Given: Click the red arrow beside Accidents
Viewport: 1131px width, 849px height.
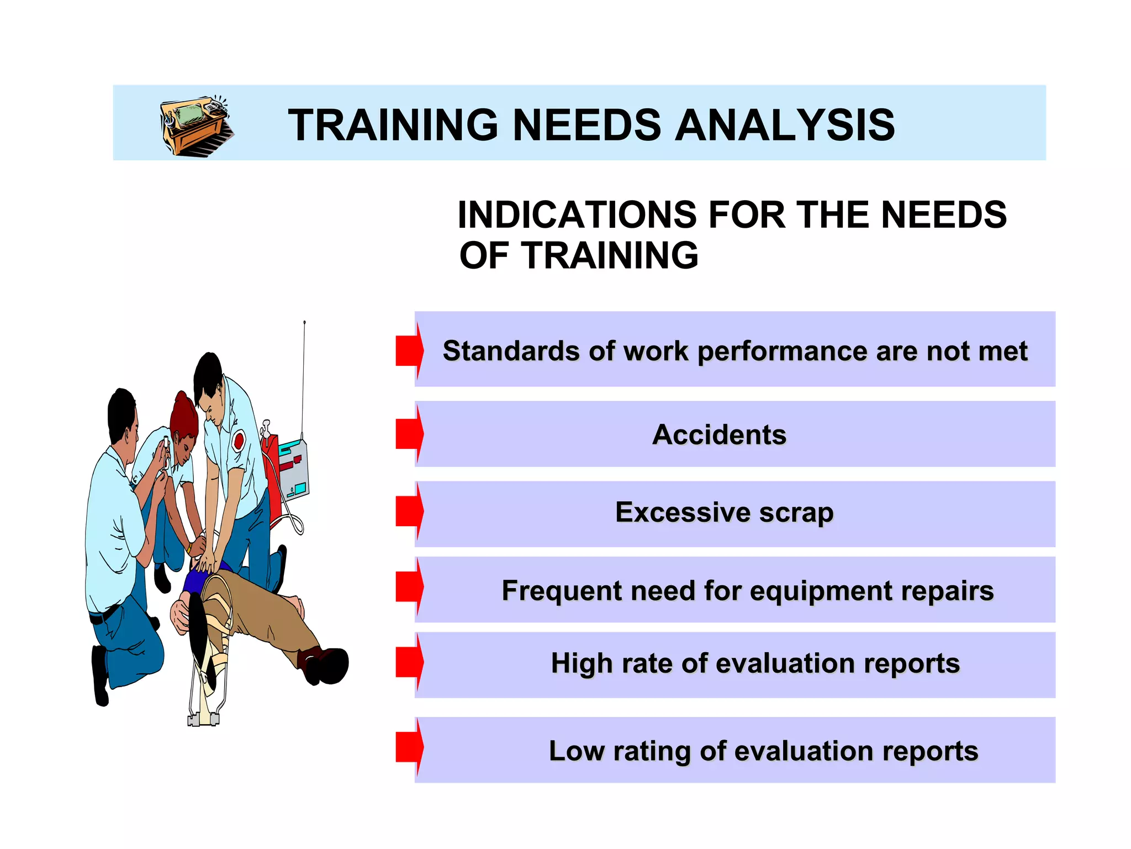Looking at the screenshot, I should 409,434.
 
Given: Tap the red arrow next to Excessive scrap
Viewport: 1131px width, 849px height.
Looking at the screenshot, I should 409,511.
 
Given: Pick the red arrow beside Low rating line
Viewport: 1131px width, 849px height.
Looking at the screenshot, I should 409,747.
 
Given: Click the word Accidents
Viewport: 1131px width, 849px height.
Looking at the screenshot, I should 719,434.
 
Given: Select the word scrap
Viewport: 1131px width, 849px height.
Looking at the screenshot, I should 796,513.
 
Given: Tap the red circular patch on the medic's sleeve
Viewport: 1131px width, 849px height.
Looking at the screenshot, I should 239,441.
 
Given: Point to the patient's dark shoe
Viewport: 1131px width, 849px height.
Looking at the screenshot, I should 327,665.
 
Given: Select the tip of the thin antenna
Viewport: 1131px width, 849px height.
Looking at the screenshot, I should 304,322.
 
